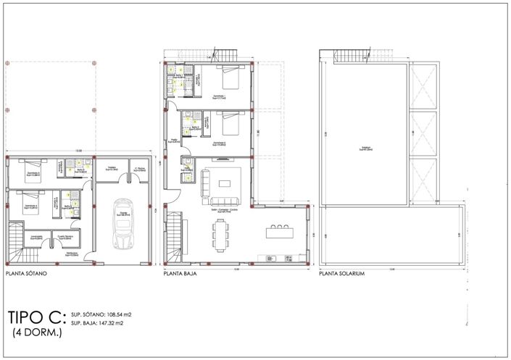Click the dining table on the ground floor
pyautogui.click(x=221, y=233)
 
